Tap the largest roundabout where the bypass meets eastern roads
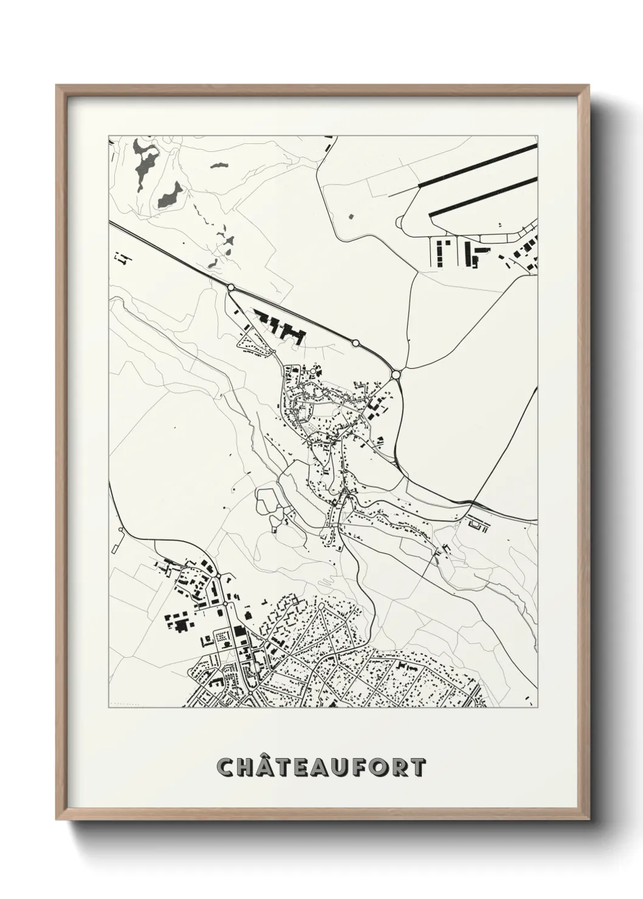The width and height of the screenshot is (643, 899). click(396, 375)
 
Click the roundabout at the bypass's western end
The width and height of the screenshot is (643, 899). click(231, 287)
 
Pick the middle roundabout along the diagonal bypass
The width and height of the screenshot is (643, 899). click(356, 343)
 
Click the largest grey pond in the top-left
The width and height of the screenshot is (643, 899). click(170, 195)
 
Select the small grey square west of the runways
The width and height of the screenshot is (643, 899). click(351, 215)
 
